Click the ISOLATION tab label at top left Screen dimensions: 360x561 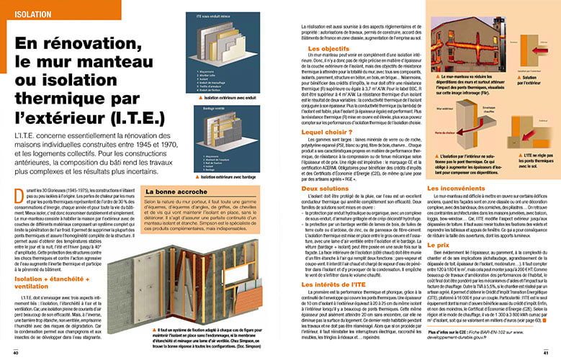point(24,12)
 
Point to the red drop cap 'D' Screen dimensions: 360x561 point(19,193)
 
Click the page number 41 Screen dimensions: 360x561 point(546,353)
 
